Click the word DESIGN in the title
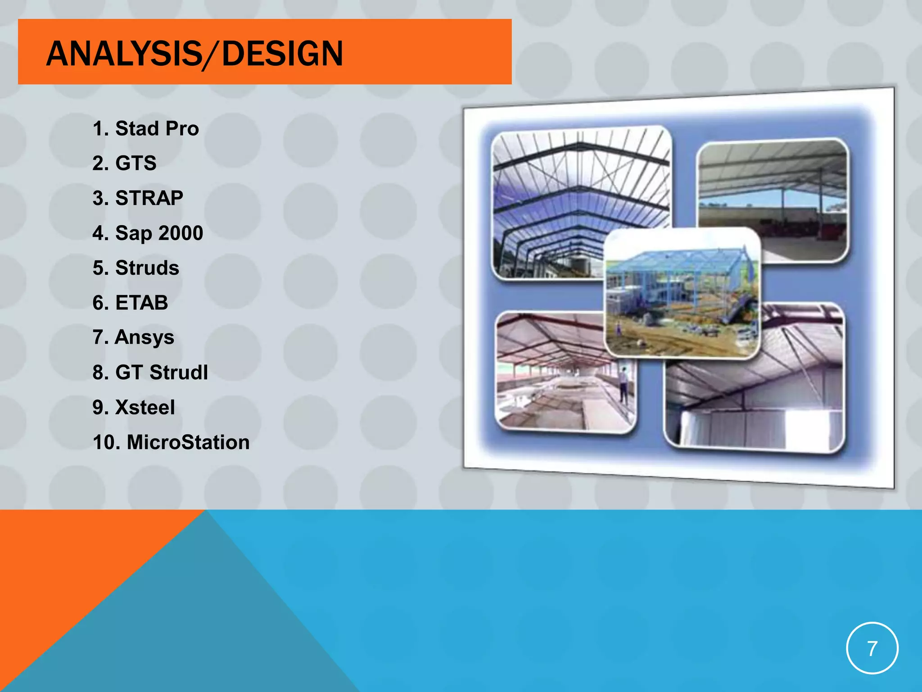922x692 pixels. pyautogui.click(x=282, y=54)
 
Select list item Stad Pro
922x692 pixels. pyautogui.click(x=157, y=129)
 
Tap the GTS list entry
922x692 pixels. pyautogui.click(x=136, y=163)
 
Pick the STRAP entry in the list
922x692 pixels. pyautogui.click(x=149, y=198)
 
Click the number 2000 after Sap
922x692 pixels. pyautogui.click(x=181, y=233)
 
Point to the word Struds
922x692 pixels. pyautogui.click(x=147, y=268)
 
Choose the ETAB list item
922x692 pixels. pyautogui.click(x=141, y=303)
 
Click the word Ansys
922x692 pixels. pyautogui.click(x=145, y=338)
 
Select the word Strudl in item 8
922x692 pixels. pyautogui.click(x=179, y=373)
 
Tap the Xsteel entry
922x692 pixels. pyautogui.click(x=145, y=408)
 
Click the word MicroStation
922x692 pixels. pyautogui.click(x=188, y=442)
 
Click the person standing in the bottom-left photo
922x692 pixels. pyautogui.click(x=624, y=383)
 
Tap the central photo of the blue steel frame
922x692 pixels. pyautogui.click(x=682, y=293)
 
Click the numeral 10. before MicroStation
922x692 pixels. pyautogui.click(x=106, y=442)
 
